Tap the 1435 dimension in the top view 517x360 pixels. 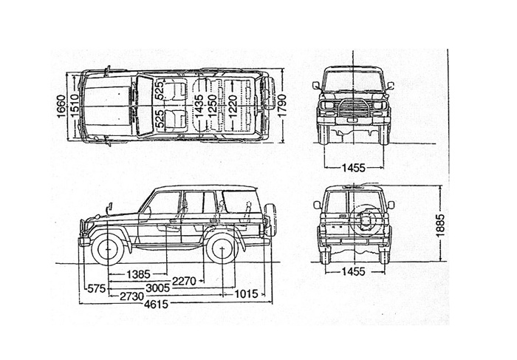[x=199, y=107]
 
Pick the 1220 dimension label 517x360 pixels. [x=231, y=107]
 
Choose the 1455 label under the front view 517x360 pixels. [x=354, y=168]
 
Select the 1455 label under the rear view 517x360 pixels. [x=354, y=271]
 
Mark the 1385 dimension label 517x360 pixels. [x=139, y=274]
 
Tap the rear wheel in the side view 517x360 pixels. [x=221, y=248]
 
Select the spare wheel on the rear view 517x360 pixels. [x=366, y=220]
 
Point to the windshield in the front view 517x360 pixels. [x=353, y=80]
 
